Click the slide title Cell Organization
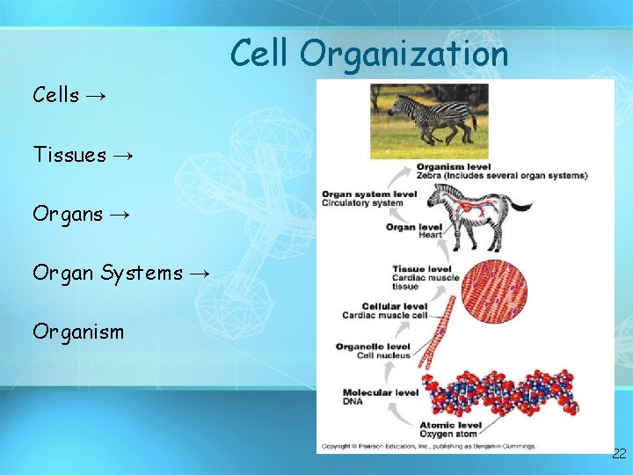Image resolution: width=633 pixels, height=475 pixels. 369,55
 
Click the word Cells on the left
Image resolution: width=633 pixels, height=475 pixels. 56,95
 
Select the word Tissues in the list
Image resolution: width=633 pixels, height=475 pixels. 69,155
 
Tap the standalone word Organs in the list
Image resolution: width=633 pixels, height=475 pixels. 68,214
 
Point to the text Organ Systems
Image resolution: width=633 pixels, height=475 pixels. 108,273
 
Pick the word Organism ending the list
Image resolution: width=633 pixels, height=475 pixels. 78,332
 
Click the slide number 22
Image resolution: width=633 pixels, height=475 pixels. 619,454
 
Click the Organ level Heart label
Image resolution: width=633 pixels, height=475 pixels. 411,230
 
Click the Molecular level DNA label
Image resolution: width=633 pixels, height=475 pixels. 380,396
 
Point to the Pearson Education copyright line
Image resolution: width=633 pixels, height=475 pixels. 428,447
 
